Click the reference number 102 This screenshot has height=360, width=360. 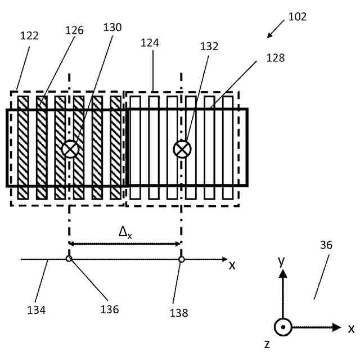click(297, 17)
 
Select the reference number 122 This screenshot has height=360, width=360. click(29, 36)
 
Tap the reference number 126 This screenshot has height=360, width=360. click(74, 30)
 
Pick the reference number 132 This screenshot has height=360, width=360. click(209, 47)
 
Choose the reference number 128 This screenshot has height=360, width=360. click(276, 57)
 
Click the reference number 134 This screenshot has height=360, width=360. click(37, 309)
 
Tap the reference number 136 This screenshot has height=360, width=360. click(110, 309)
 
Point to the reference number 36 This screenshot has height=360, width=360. click(326, 245)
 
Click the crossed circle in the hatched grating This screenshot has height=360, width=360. click(70, 148)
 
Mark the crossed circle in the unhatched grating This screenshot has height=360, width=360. click(182, 148)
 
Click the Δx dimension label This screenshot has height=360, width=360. click(125, 231)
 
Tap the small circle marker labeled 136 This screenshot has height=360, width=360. click(69, 259)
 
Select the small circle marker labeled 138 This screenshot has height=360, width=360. click(181, 259)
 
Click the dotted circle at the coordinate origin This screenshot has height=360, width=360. click(283, 327)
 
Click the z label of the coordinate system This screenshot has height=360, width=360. click(267, 344)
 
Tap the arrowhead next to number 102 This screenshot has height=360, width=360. click(269, 35)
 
